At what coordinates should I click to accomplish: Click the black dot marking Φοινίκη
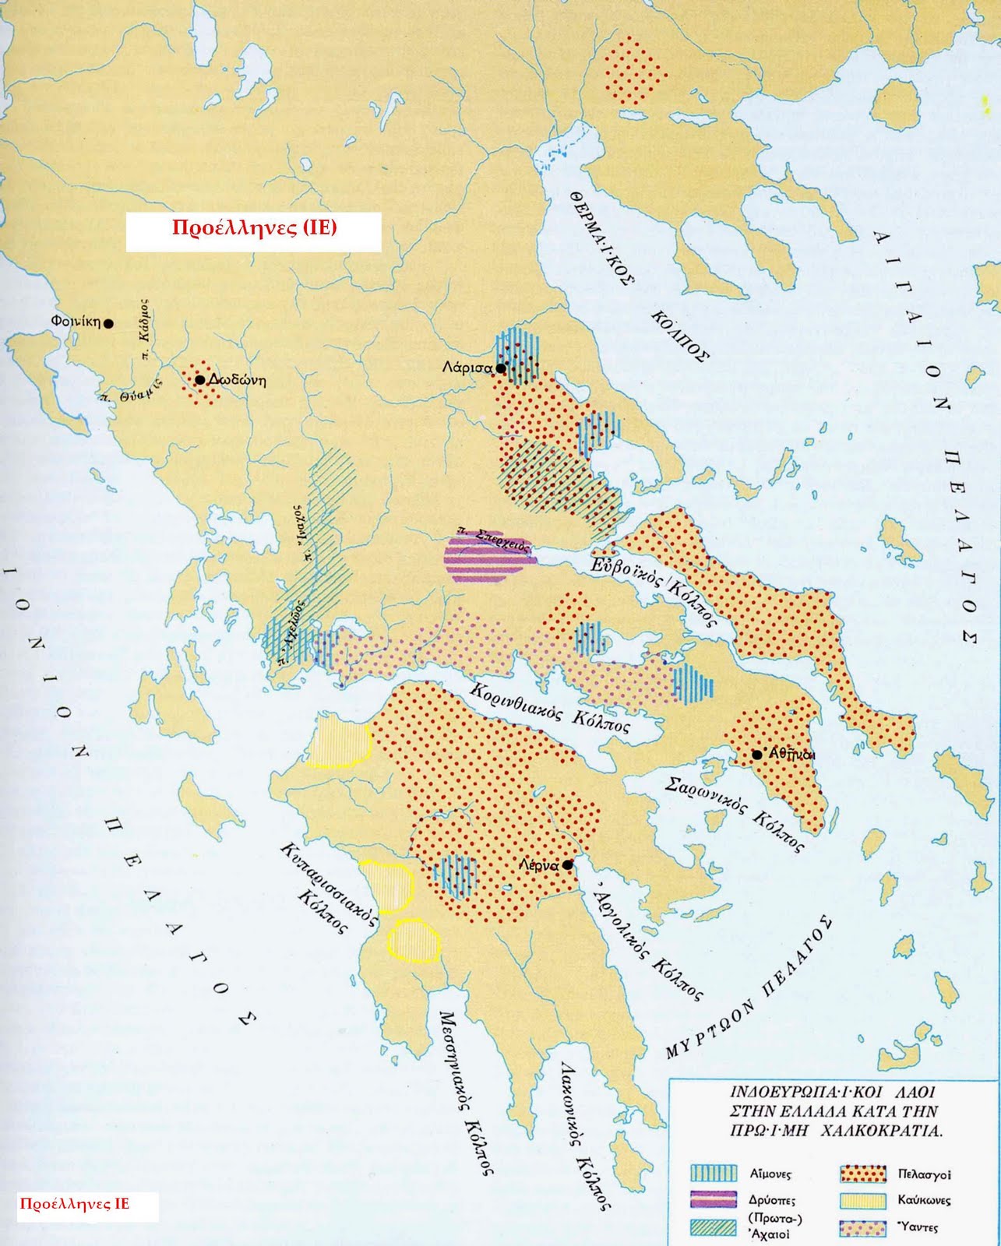109,322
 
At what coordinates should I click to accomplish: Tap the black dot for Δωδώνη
199,380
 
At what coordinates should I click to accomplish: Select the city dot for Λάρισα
501,368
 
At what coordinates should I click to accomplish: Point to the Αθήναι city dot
756,755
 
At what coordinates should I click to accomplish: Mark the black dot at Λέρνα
568,865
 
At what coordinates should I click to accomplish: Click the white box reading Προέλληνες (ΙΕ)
254,231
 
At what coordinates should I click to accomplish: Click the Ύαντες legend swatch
863,1227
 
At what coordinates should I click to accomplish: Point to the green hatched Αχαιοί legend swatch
714,1227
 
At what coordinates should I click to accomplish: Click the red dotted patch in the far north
635,70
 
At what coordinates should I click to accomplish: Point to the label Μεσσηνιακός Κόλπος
467,1090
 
